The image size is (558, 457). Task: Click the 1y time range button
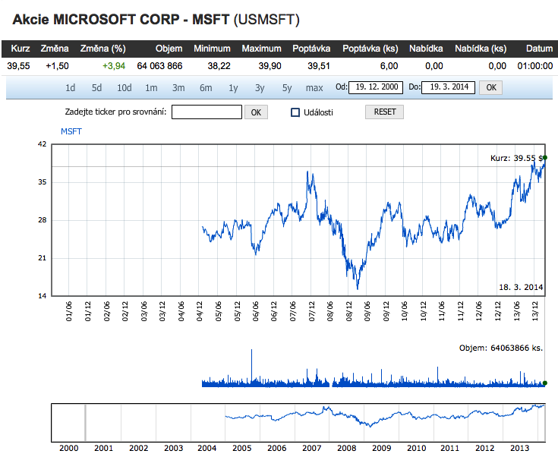tap(233, 87)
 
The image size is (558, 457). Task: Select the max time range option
tap(314, 87)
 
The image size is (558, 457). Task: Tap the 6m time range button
tap(206, 87)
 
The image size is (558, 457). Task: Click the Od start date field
tap(375, 87)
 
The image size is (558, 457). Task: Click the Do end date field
tap(448, 87)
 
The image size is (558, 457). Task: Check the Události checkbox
tap(296, 112)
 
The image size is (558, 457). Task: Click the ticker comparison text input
tap(206, 112)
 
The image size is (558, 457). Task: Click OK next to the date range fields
tap(491, 87)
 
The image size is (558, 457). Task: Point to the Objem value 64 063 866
tap(159, 66)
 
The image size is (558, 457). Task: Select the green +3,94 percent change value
tap(114, 66)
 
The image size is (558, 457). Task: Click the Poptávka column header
tap(311, 49)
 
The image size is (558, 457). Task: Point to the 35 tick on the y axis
tap(44, 182)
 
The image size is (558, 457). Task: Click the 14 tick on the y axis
tap(44, 296)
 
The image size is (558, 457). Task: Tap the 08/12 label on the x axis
tap(349, 312)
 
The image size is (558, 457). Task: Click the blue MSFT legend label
tap(71, 131)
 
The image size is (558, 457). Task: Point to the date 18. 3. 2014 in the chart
tap(521, 287)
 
